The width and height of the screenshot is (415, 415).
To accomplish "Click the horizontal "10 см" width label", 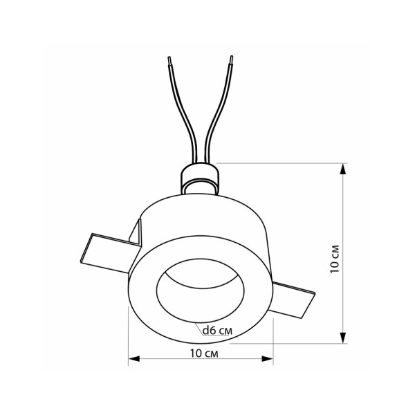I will [202, 353].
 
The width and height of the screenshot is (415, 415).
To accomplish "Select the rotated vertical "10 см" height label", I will [335, 260].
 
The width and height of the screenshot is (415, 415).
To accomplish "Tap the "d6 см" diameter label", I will [217, 331].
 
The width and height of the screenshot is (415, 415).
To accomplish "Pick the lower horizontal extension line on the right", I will [311, 342].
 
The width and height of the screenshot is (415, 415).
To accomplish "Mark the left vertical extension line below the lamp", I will [129, 339].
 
